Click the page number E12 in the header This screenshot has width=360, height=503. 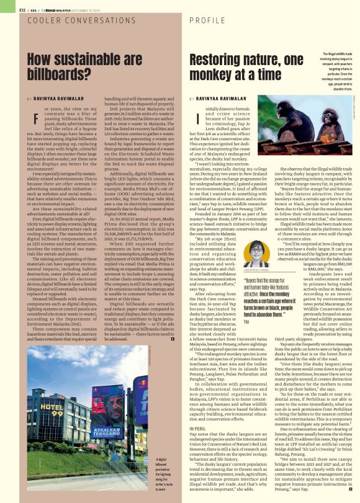[x=6, y=10]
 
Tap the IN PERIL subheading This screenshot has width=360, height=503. [x=197, y=410]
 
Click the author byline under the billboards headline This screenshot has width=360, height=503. [x=48, y=98]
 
